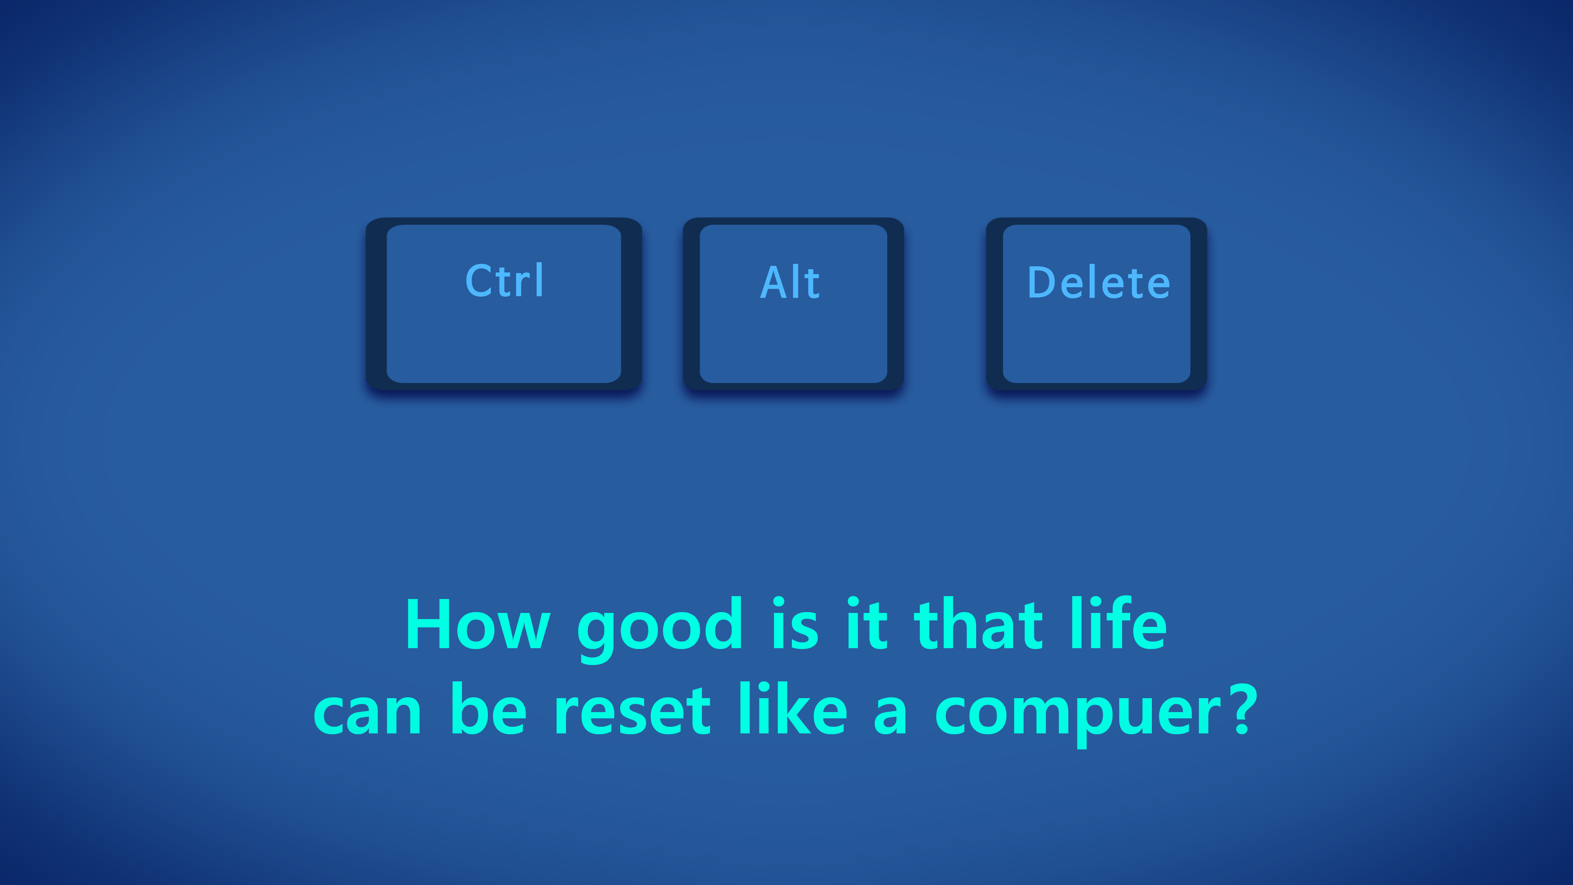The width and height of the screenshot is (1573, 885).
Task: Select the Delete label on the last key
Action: [1099, 282]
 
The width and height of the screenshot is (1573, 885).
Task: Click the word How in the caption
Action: [478, 624]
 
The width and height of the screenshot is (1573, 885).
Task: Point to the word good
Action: [660, 629]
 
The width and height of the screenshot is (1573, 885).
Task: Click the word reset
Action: [632, 710]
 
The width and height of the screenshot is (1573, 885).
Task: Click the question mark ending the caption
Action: [1244, 708]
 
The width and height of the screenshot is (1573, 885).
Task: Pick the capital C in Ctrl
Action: [478, 281]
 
